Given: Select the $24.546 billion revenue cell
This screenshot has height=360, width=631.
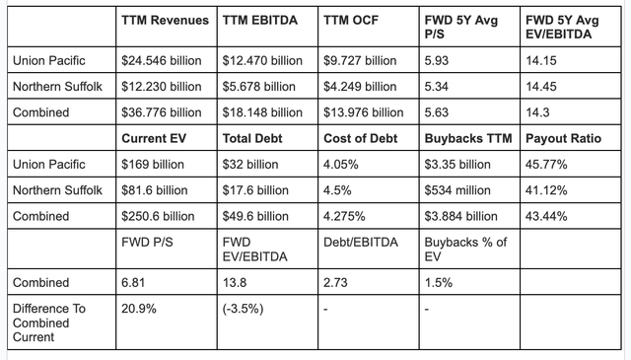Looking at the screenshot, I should [x=161, y=60].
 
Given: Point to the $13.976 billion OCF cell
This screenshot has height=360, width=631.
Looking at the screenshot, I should [x=364, y=111].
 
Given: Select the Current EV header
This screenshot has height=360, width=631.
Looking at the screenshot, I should [x=155, y=137].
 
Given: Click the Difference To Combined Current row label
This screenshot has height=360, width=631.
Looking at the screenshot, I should [x=51, y=323].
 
